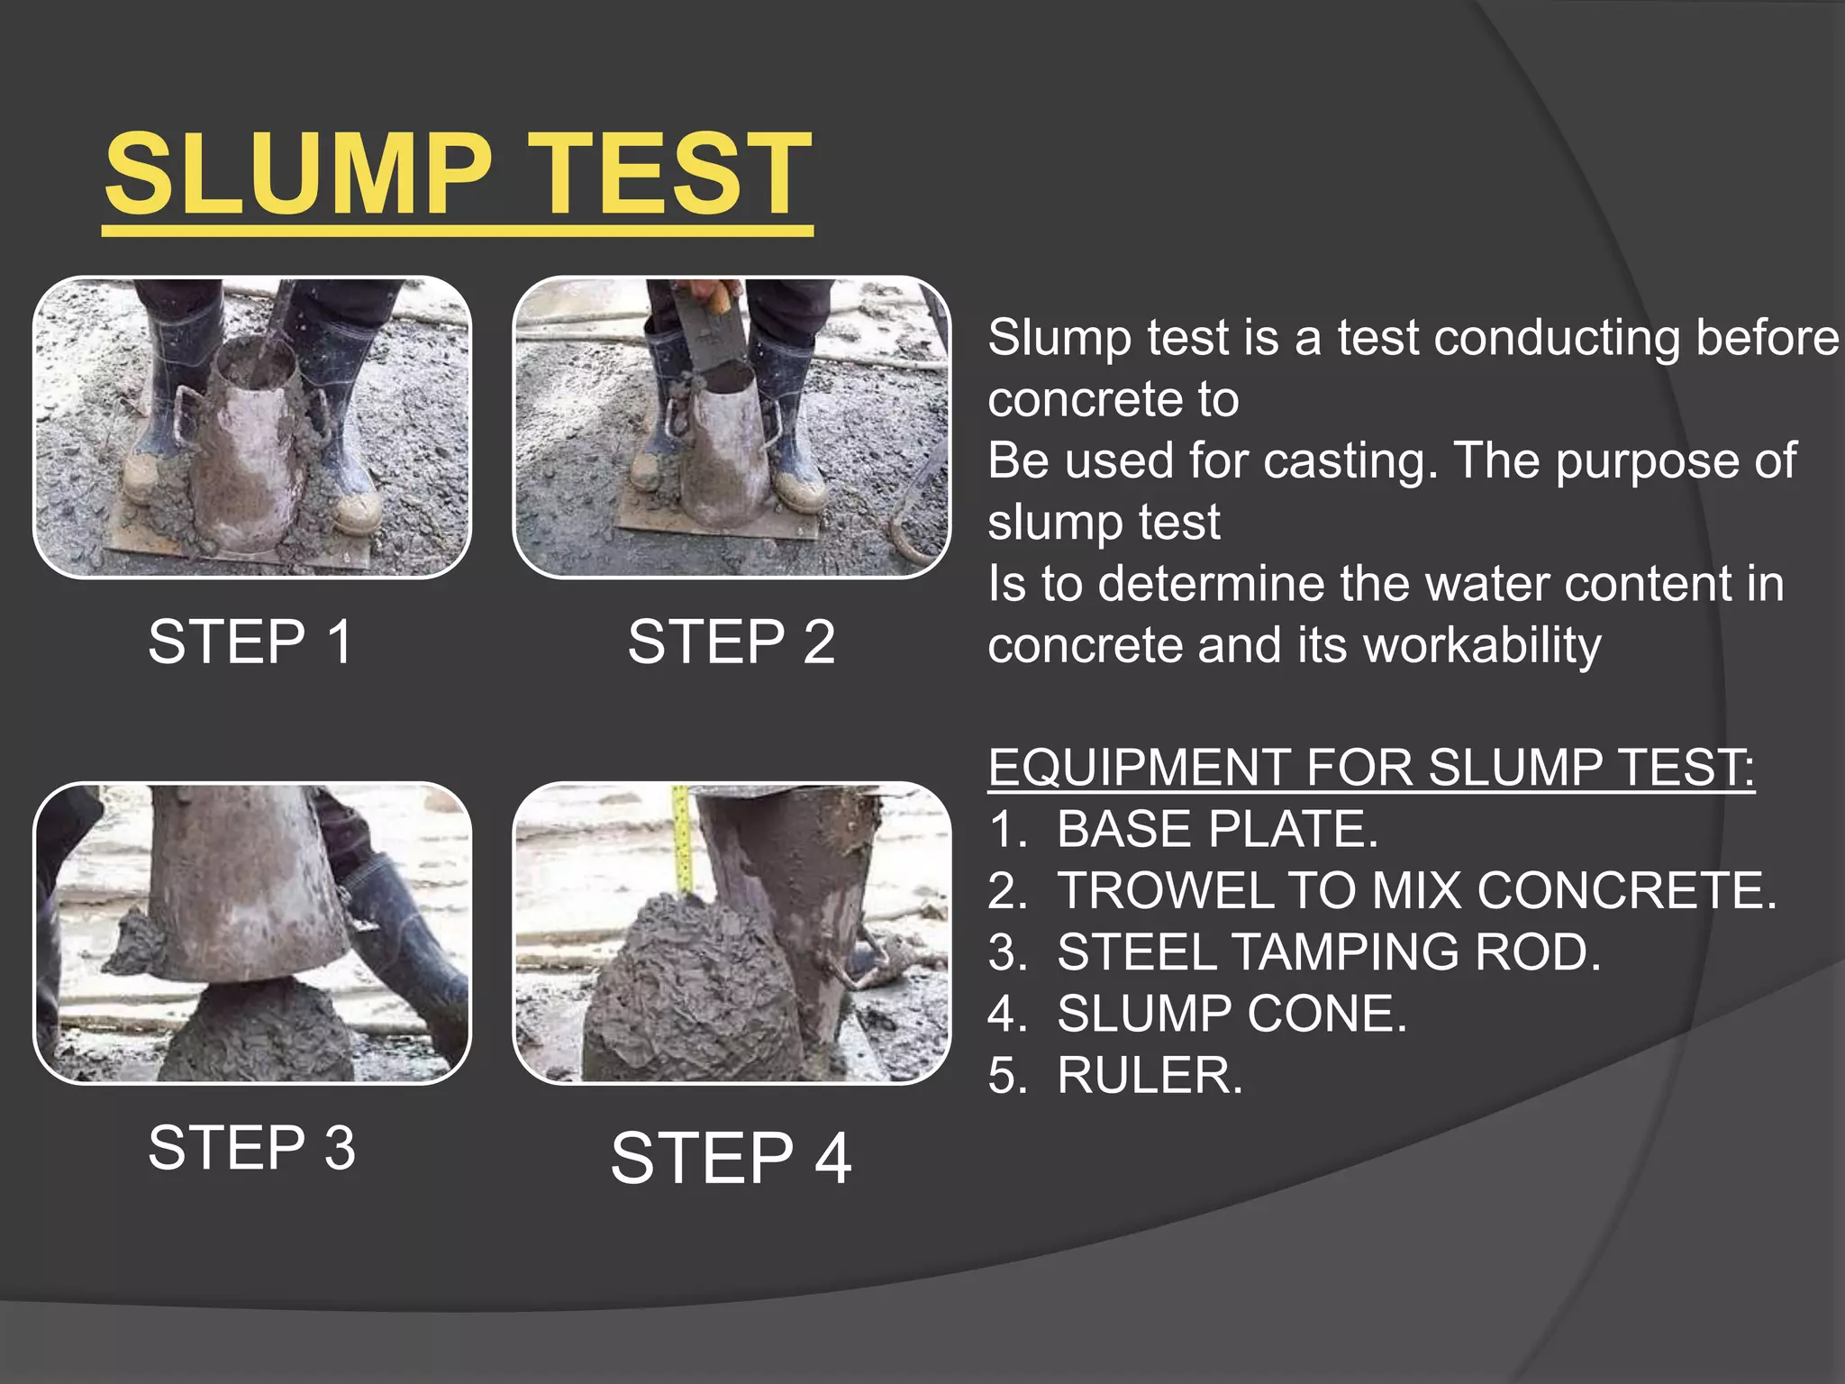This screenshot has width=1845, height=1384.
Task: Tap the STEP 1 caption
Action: (250, 642)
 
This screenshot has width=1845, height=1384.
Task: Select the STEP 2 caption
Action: (731, 642)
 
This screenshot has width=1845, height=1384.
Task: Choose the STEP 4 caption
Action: (731, 1158)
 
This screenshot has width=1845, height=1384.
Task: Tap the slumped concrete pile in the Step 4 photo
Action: (685, 991)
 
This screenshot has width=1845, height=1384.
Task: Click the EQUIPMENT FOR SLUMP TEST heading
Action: (1370, 768)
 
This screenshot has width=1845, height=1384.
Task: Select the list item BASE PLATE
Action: (1216, 829)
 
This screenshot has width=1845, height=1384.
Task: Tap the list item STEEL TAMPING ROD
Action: (1328, 952)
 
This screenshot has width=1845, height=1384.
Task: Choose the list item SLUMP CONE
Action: (1231, 1014)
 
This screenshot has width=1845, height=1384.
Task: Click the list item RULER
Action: (1150, 1075)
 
